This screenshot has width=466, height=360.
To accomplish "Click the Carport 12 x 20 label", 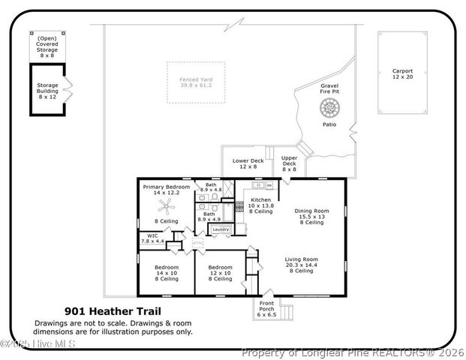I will point(402,73).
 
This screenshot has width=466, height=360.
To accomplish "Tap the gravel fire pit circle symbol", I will point(329,108).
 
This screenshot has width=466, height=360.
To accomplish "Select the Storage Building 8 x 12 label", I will point(47,90).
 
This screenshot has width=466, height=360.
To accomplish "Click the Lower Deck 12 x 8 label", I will point(248,163).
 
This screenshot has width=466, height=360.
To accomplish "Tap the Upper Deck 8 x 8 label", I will point(290,163).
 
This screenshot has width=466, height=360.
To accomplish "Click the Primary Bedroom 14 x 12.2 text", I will point(166,190).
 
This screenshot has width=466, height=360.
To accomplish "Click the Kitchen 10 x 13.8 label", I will point(261,205).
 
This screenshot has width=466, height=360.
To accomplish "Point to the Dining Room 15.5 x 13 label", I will point(311,216).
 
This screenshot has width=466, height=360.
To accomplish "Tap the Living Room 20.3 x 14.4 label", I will point(302,265).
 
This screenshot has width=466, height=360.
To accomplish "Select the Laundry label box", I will point(220,229).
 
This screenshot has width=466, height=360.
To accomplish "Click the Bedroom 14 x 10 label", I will point(166,273).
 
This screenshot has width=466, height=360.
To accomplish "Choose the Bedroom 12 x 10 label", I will point(220,273).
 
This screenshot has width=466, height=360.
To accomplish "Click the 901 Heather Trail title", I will point(113,310).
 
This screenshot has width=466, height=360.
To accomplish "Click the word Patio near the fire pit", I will point(329,124).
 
